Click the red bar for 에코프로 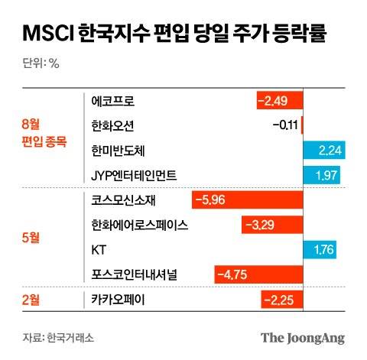(280, 101)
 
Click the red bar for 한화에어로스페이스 (272, 225)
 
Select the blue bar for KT (320, 249)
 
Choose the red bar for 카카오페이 (282, 299)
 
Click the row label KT (98, 249)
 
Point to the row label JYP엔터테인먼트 (134, 175)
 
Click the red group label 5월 (31, 237)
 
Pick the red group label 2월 (31, 299)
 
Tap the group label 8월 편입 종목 (44, 131)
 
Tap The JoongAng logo (303, 337)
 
